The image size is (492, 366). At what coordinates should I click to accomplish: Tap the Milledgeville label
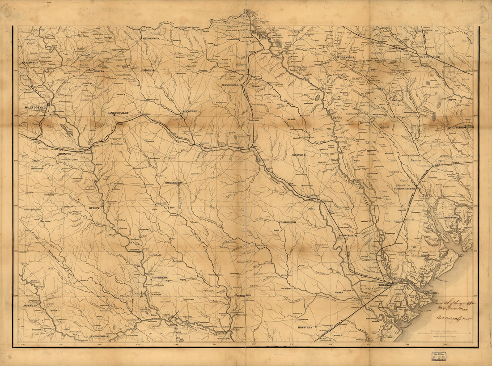tap(35, 108)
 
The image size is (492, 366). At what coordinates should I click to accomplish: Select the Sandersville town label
tap(118, 114)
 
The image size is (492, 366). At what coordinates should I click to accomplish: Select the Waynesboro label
tap(232, 84)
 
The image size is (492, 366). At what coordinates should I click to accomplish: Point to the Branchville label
tap(429, 57)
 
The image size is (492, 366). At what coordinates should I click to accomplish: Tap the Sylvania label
tap(297, 155)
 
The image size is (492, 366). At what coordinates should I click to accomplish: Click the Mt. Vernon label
tap(159, 278)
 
